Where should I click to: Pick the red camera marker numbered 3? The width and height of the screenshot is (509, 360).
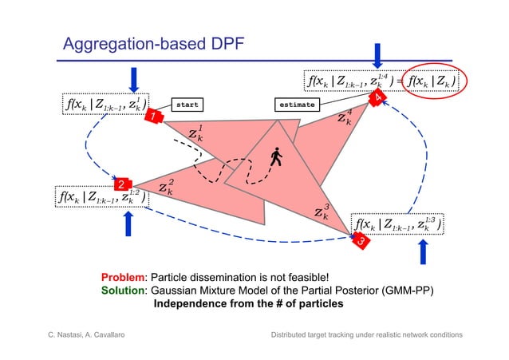click(x=361, y=238)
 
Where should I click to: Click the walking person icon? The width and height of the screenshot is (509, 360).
click(x=277, y=156)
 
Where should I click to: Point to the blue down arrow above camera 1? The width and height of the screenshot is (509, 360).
click(x=134, y=79)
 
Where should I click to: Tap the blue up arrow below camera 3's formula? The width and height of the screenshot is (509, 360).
click(x=424, y=251)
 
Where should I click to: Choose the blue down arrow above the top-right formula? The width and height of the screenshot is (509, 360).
click(x=378, y=54)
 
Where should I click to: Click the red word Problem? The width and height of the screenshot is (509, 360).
click(x=124, y=277)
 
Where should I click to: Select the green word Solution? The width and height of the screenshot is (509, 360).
click(x=124, y=291)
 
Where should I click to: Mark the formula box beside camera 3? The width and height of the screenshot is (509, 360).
click(x=399, y=225)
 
